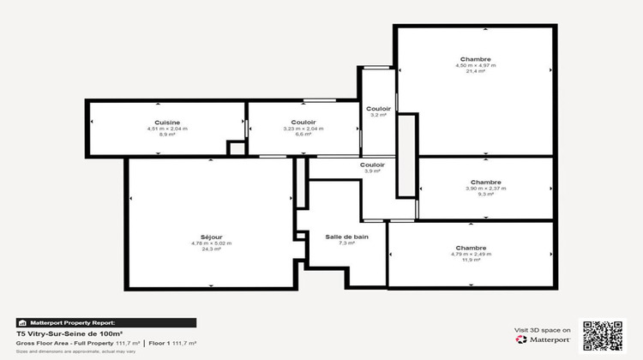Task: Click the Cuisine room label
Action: pos(167,123)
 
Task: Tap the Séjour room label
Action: pos(211,237)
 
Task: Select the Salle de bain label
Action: pos(346,237)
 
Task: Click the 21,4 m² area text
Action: pos(475,72)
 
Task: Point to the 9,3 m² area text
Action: pos(485,195)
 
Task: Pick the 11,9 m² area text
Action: pos(471,260)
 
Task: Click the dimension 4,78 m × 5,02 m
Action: pos(211,243)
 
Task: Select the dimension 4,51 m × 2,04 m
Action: pos(167,129)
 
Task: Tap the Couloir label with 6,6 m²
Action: pos(303,123)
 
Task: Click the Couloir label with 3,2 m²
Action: pos(378,109)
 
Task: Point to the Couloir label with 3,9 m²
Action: pos(372,165)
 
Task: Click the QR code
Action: pos(603,334)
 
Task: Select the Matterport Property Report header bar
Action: pos(106,322)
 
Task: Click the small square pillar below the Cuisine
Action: pos(236,149)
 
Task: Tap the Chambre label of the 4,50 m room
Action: pos(475,59)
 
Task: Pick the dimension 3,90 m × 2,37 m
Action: pos(485,189)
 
